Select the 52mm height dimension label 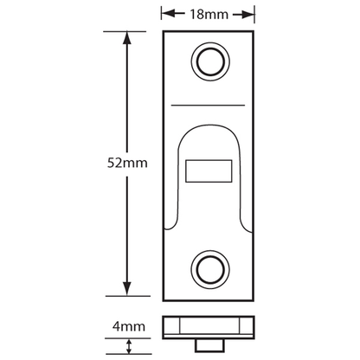[125, 163]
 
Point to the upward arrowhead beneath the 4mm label [129, 344]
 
